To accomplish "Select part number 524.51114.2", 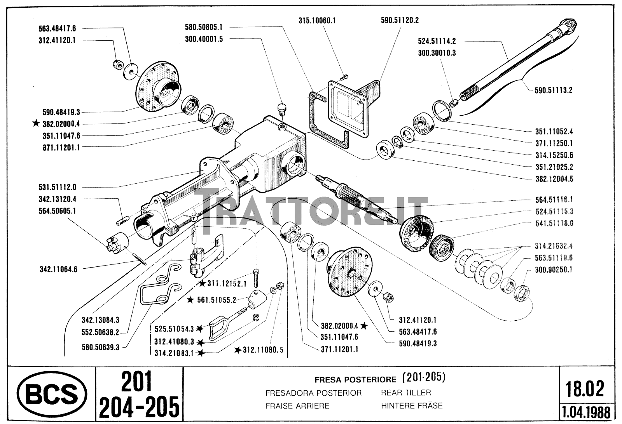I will (437, 41).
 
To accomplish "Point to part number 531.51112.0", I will (58, 187).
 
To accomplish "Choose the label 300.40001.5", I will (204, 39).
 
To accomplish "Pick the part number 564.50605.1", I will (57, 211).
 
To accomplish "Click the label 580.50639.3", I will (101, 347).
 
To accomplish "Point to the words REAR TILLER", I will (406, 393).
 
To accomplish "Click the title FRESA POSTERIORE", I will (355, 379).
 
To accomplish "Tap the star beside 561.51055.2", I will (190, 300).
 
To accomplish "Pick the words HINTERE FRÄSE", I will (412, 406).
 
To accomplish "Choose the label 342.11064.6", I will (58, 269).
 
